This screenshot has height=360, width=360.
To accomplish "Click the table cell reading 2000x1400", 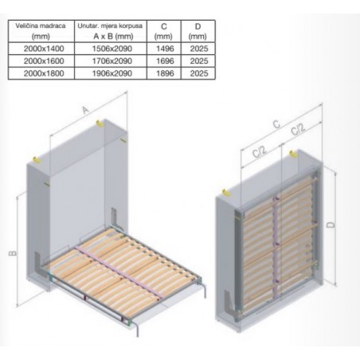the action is (44, 49).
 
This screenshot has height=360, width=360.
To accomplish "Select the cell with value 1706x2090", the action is (112, 61).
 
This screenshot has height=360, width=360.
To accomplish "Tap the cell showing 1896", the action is (165, 73).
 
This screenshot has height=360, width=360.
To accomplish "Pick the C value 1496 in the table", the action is (165, 49).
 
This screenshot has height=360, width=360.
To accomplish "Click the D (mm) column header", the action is (198, 31).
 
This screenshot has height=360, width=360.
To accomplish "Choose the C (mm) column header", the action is (164, 31).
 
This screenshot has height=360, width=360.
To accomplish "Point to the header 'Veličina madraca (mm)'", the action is (41, 31).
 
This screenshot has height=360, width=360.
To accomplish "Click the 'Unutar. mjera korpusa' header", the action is (110, 26).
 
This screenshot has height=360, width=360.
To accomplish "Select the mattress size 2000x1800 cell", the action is (44, 73).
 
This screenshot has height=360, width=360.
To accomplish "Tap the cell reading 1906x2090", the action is (112, 73).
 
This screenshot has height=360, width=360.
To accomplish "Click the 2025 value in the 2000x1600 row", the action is (199, 61).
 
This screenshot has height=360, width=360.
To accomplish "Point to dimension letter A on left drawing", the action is (85, 110).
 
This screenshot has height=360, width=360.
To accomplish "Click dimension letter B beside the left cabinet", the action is (13, 253).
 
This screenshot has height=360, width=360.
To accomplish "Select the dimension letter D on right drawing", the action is (331, 225).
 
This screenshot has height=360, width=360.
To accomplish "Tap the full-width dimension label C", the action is (276, 123).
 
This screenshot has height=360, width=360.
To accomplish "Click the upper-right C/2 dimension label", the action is (298, 129).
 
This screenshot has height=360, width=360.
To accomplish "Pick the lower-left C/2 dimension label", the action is (259, 151).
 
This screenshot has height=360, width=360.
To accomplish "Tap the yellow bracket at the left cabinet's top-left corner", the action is (36, 160).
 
